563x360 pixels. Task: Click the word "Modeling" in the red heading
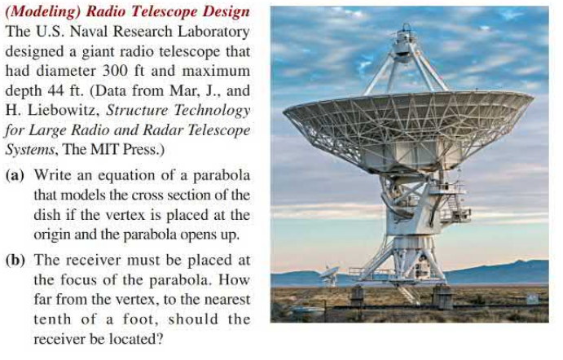44,12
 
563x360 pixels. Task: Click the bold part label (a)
15,175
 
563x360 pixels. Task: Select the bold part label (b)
15,260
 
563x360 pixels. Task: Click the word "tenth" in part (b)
52,318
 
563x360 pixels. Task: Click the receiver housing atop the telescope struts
405,42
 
